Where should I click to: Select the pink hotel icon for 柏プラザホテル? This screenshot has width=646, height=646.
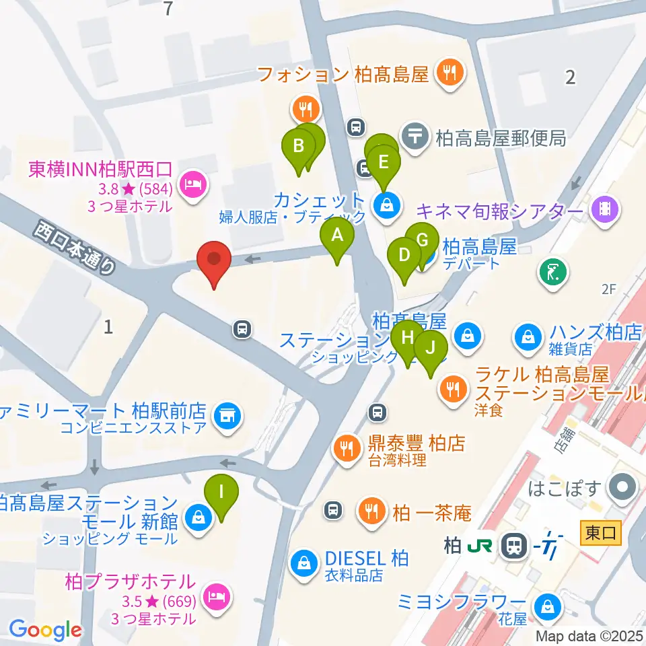click(215, 595)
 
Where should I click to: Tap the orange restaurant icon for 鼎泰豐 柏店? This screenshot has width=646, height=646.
click(347, 446)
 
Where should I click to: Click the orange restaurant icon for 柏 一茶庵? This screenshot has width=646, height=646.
click(370, 509)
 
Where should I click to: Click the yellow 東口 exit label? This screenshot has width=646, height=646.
click(600, 533)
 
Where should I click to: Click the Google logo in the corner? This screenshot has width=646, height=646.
click(45, 631)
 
